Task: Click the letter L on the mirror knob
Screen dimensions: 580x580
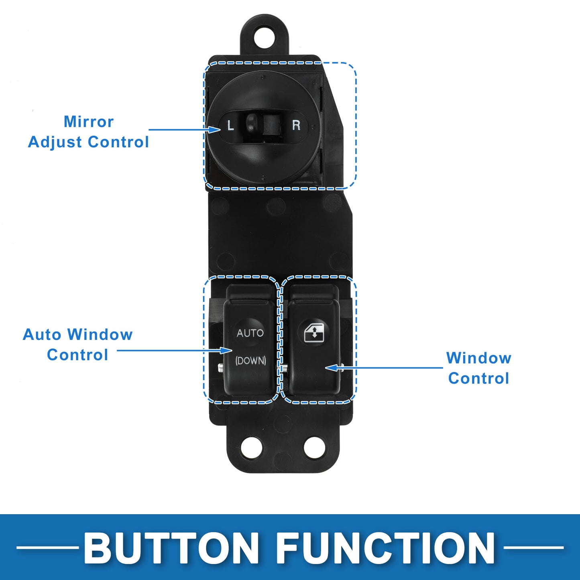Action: (230, 126)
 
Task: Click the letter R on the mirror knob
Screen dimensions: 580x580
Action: (296, 125)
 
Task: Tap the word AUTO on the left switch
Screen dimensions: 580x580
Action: (250, 333)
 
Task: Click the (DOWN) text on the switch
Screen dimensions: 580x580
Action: (250, 360)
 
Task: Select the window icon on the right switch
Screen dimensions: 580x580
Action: (314, 333)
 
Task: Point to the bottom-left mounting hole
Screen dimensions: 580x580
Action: (251, 447)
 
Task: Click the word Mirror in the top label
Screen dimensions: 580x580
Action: (89, 122)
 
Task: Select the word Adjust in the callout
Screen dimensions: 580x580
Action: (56, 142)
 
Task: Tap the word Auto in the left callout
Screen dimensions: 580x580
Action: (42, 334)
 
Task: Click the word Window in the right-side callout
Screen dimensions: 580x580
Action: (479, 358)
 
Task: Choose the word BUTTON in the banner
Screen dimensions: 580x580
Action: (171, 548)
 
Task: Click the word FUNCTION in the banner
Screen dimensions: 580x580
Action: (386, 548)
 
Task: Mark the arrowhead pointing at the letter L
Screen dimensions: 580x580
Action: (215, 130)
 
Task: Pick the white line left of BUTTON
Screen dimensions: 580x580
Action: (48, 547)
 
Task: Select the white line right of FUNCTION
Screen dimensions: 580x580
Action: (533, 547)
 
